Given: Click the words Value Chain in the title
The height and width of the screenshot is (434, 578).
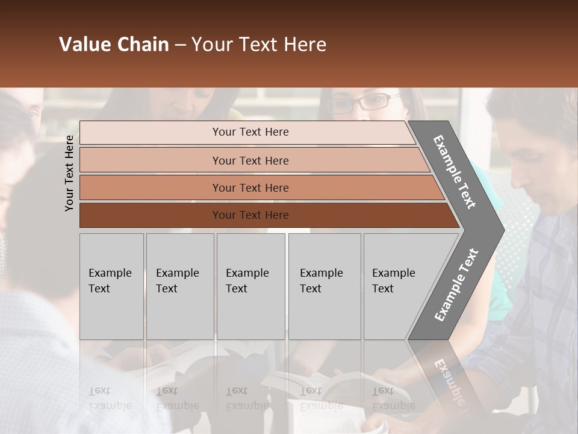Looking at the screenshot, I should [x=114, y=45].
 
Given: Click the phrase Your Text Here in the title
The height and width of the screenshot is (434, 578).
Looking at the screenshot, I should [x=259, y=45].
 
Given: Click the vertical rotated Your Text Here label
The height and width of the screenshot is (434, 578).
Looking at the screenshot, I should [x=69, y=173].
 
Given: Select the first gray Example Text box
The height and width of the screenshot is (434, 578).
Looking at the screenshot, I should [x=111, y=286].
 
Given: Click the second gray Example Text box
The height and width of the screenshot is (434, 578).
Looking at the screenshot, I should [x=180, y=286].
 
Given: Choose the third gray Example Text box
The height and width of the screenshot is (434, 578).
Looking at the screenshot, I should [x=250, y=286].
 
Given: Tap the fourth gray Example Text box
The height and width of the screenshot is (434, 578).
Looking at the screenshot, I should [x=325, y=286].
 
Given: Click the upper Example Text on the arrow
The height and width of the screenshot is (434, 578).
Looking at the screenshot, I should [x=455, y=172].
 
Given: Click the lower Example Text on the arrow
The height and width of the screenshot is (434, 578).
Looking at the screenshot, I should [x=456, y=285].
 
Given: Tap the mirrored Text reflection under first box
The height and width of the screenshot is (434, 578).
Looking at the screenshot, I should [x=99, y=391].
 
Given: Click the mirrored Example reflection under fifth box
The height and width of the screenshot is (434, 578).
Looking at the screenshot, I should [x=394, y=405].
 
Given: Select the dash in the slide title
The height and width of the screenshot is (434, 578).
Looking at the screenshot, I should [x=180, y=45].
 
